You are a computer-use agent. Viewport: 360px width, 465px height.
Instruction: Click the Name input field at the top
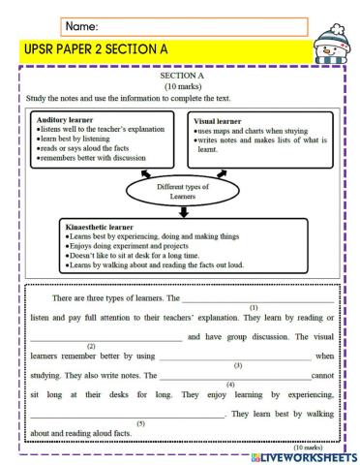184,26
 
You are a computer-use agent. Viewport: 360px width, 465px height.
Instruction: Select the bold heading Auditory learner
64,119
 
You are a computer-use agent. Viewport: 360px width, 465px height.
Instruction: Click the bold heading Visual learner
222,119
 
